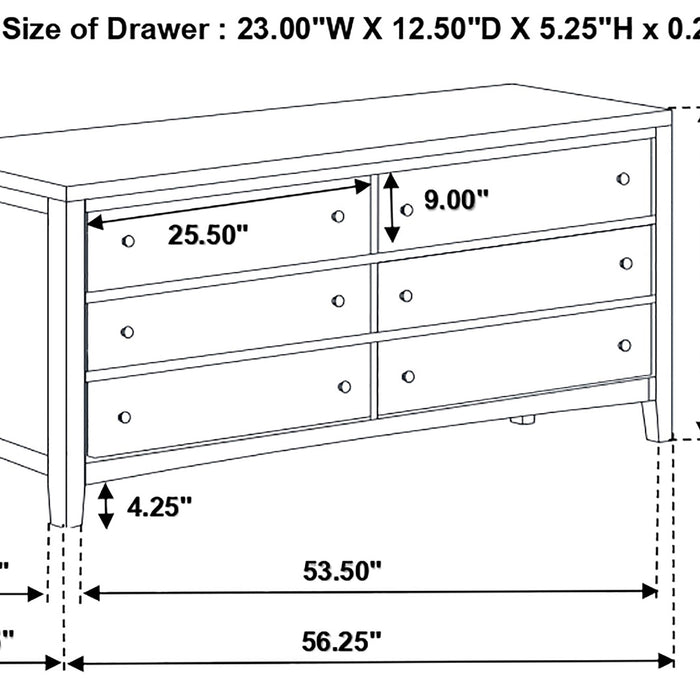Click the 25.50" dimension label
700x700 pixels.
[207, 235]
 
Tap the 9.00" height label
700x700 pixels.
[456, 199]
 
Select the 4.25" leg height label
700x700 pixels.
[159, 507]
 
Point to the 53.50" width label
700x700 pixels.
[343, 571]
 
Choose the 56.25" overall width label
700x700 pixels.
[343, 639]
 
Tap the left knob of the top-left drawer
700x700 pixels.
[127, 241]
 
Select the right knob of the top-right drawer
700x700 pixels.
[624, 179]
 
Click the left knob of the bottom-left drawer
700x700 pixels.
[124, 416]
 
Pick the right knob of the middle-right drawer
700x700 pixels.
[626, 263]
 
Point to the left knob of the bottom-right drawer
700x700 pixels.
[408, 376]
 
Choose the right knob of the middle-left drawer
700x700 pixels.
[338, 301]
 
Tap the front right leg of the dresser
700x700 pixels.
[655, 420]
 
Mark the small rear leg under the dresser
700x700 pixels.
[519, 420]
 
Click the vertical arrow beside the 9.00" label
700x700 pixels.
[392, 208]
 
